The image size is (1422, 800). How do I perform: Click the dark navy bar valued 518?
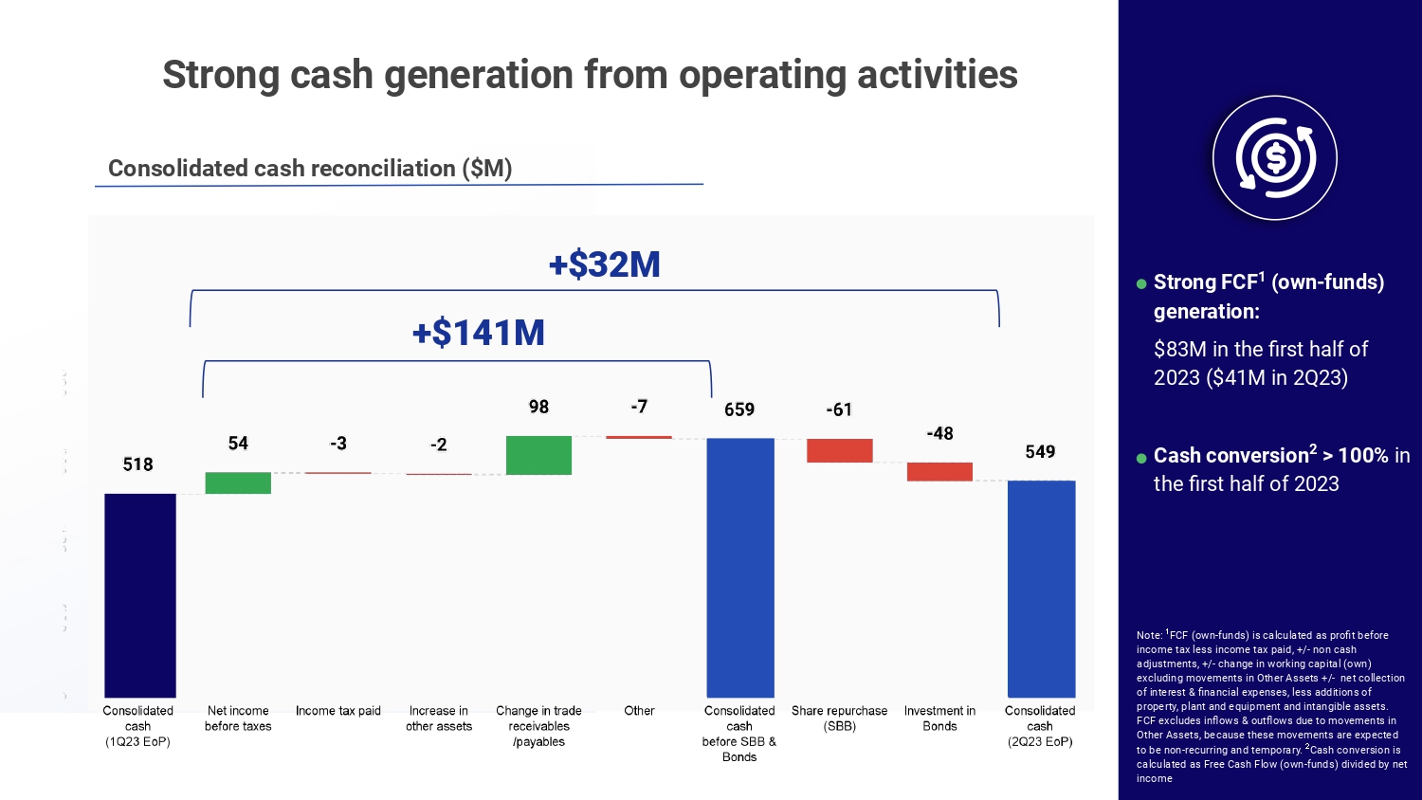(139, 595)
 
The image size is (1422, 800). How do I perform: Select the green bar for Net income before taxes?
(238, 482)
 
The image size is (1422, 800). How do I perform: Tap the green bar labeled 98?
(538, 455)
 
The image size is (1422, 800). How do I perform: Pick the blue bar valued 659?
(739, 567)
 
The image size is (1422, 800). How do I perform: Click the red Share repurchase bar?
(839, 450)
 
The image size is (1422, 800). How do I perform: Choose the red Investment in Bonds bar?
(939, 471)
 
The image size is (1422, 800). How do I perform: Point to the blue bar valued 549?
(1041, 589)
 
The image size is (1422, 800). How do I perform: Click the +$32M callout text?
(605, 264)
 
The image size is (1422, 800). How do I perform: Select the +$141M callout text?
(479, 333)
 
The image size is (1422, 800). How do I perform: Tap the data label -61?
(839, 409)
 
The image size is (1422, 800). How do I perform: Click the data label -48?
(939, 433)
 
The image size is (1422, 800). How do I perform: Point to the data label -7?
(639, 407)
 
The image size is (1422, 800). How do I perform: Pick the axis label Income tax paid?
(338, 711)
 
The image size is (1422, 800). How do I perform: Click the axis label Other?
(639, 711)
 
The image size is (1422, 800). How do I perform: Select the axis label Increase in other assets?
(439, 718)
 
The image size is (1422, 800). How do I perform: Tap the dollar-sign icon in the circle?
(1275, 158)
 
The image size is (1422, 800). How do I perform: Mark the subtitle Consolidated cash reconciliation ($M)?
(310, 169)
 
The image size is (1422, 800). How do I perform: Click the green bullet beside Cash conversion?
(1141, 458)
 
